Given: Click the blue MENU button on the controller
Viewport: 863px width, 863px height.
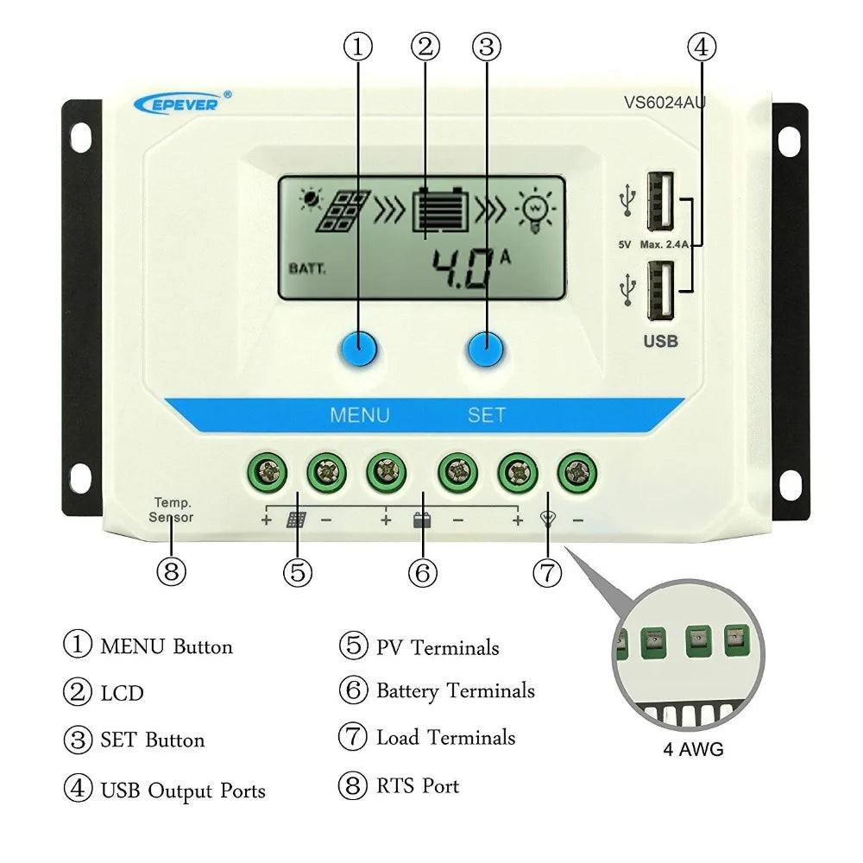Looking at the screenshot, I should (x=358, y=349).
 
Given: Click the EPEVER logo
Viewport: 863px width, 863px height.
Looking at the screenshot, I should (x=182, y=104).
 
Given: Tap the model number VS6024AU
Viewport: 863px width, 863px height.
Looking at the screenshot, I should (x=665, y=102).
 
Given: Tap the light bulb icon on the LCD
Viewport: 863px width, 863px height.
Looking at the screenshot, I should (x=535, y=210).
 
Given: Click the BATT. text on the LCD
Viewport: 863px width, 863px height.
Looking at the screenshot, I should (x=307, y=268).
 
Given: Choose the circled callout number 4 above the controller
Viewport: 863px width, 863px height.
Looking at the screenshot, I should (x=701, y=47).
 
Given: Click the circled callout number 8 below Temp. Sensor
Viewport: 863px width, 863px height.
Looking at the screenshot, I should (x=171, y=571).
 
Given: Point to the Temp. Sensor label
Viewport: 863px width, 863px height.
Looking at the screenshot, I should (x=171, y=509).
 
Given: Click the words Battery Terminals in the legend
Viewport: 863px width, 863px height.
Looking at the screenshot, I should (x=455, y=691).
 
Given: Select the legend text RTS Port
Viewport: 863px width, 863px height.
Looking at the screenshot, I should (x=417, y=786).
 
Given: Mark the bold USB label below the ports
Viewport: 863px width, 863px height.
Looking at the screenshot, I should (x=660, y=341).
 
